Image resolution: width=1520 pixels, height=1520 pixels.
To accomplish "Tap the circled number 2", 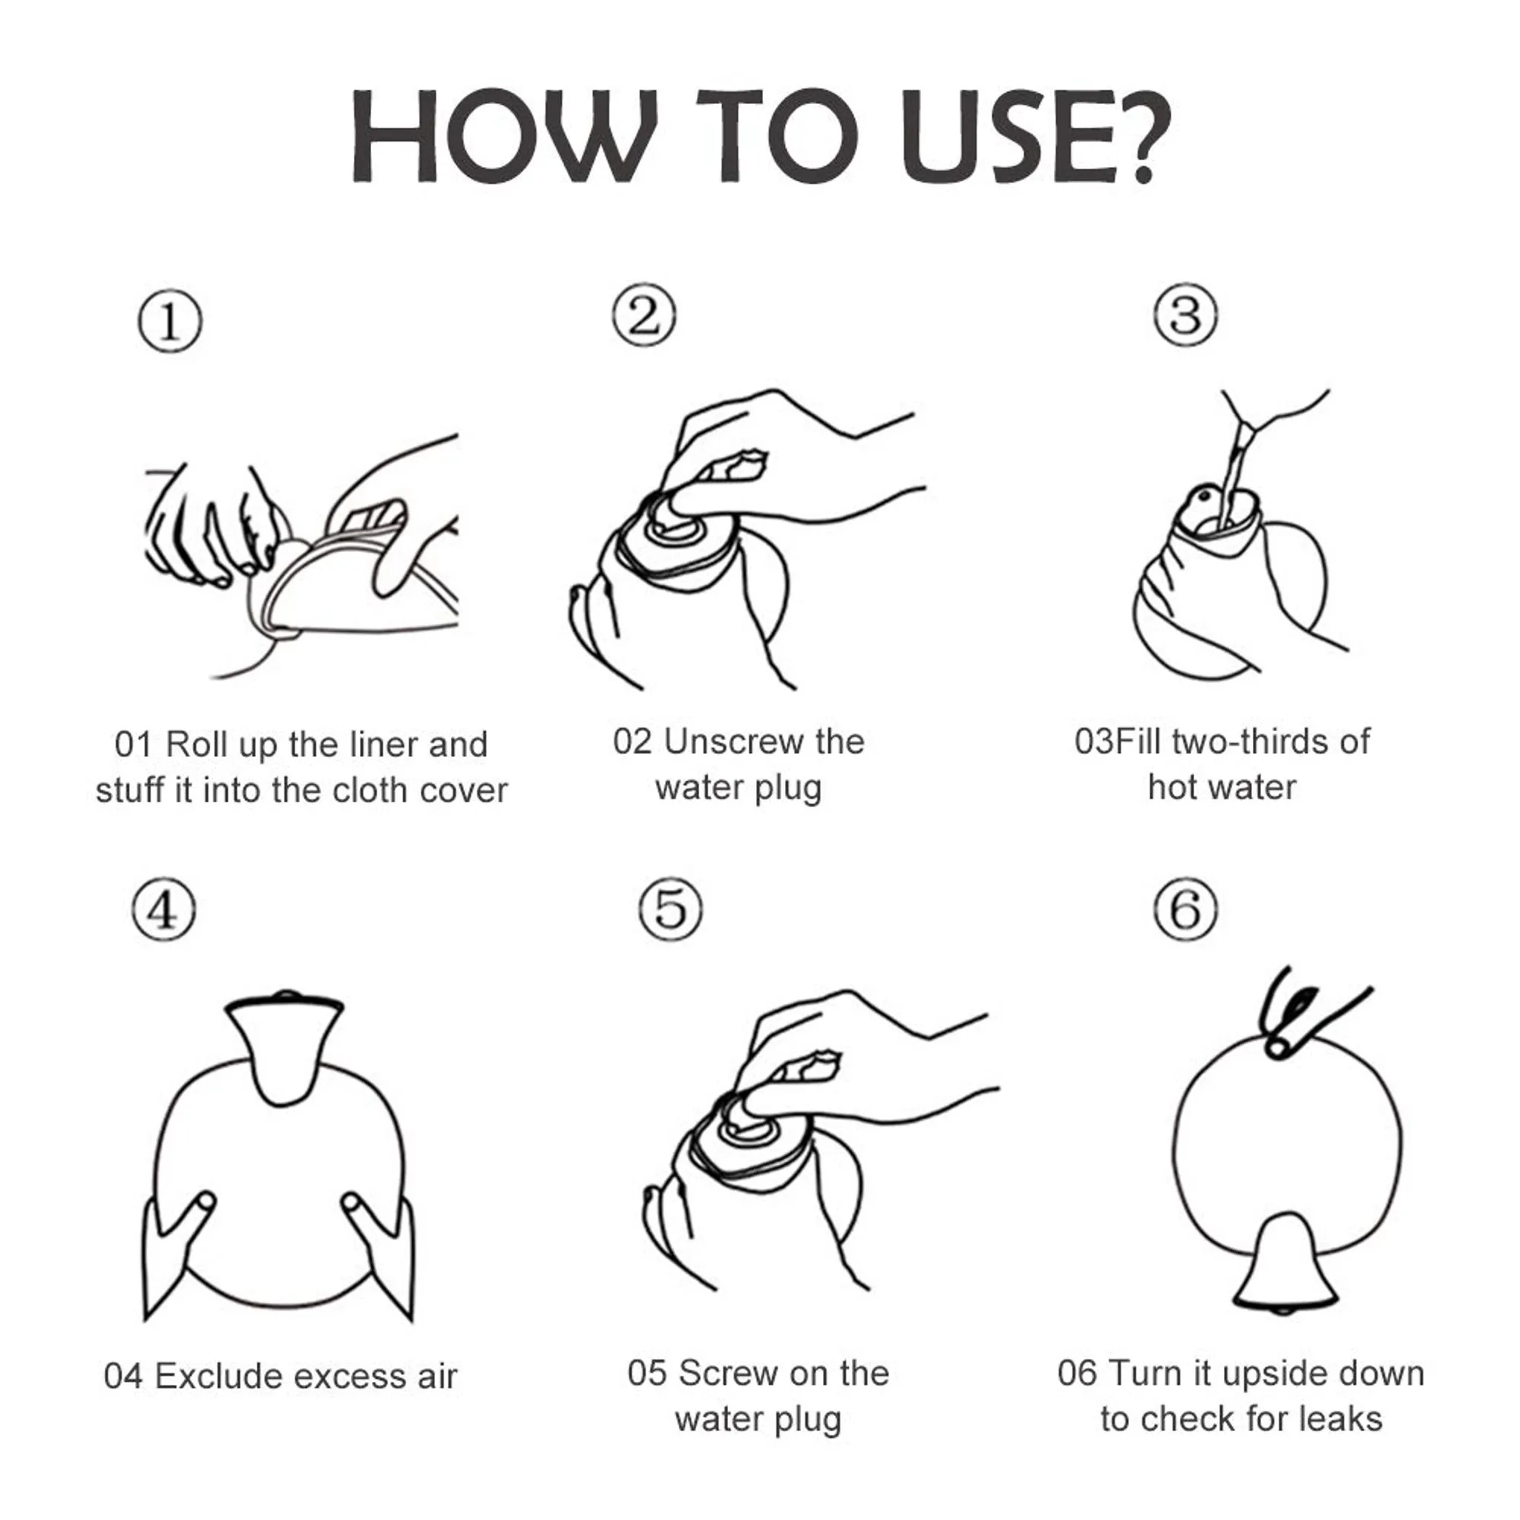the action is pyautogui.click(x=643, y=315).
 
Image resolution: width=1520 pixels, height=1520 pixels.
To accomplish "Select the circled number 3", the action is pyautogui.click(x=1185, y=315).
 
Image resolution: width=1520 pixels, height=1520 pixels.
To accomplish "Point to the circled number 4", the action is pyautogui.click(x=163, y=909).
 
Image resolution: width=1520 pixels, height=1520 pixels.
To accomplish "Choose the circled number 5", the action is pyautogui.click(x=670, y=909).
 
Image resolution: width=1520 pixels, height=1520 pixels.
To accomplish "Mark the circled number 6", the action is pyautogui.click(x=1185, y=909).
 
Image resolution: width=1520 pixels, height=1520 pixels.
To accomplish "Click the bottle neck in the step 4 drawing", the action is pyautogui.click(x=284, y=1048).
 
